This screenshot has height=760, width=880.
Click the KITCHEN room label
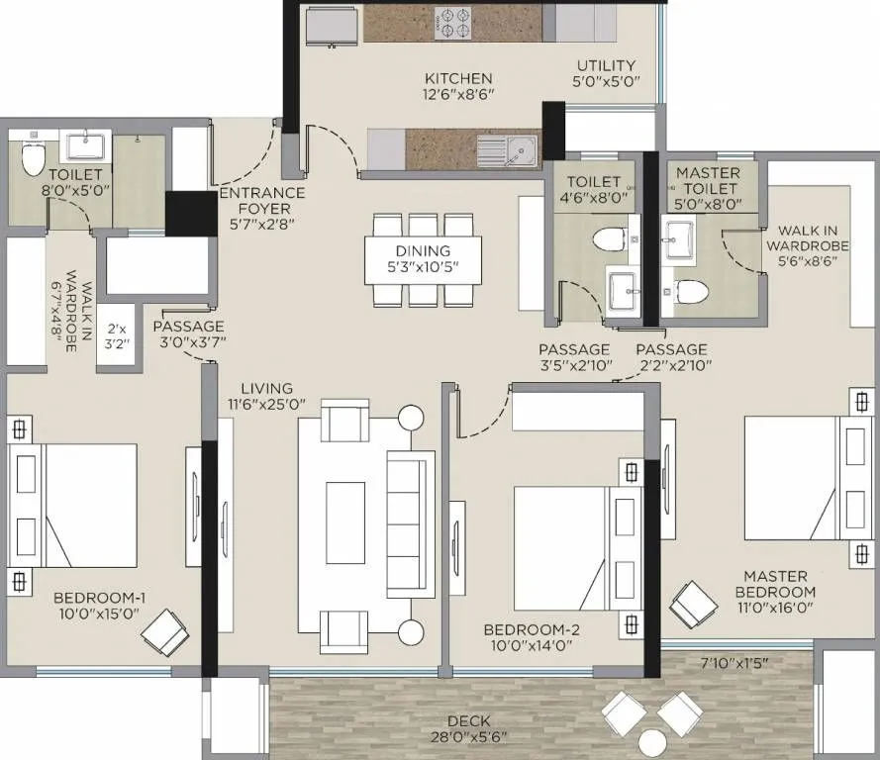click(458, 78)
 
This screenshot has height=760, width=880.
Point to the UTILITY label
click(607, 66)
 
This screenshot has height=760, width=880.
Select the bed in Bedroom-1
click(74, 505)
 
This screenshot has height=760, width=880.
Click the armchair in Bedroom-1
click(165, 632)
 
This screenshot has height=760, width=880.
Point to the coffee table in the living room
click(345, 509)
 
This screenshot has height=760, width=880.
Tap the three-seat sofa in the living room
click(409, 524)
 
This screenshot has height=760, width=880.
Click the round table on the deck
click(653, 742)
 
